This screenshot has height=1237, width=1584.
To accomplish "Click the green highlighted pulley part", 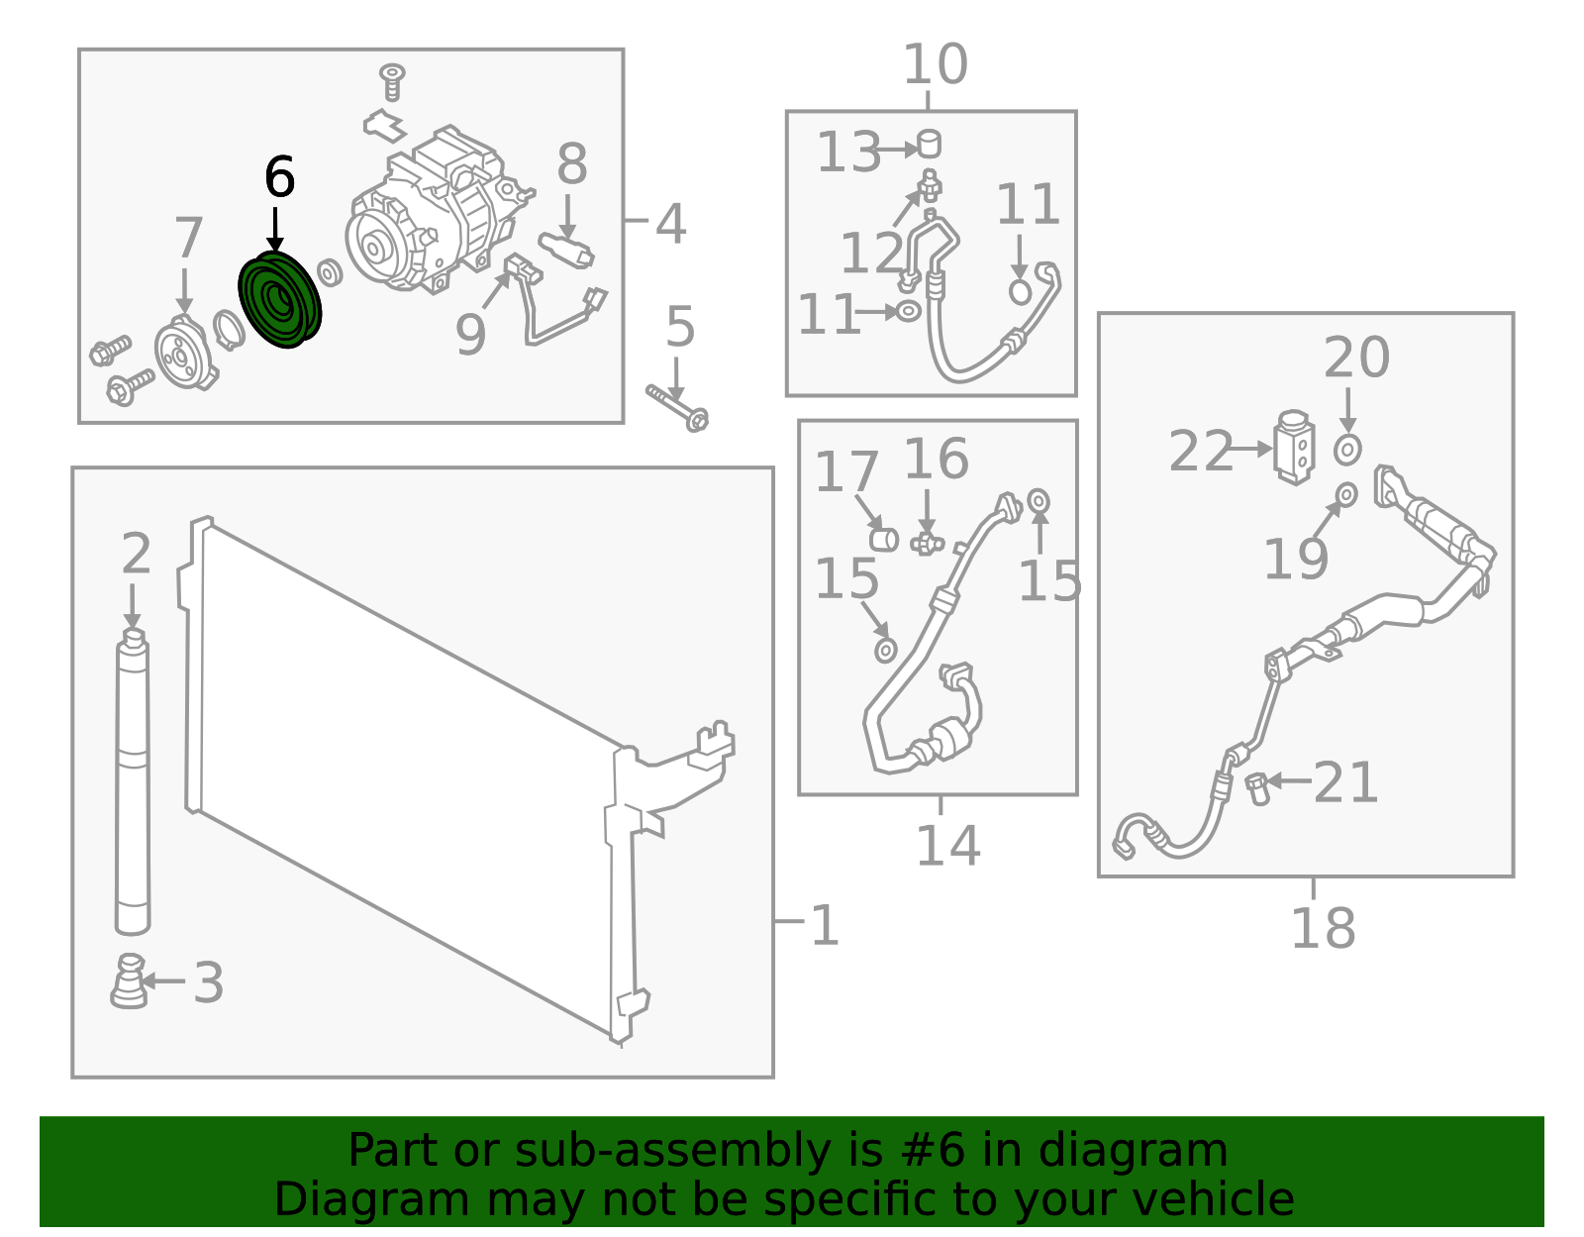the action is pos(280,299).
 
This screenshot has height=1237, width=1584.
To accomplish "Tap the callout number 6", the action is pos(280,177).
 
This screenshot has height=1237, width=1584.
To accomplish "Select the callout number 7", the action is pos(188,238).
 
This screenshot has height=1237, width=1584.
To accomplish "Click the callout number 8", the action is pos(572,164).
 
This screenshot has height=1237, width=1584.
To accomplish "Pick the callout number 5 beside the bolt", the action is pos(680,327).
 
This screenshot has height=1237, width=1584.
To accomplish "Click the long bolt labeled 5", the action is pos(677,408).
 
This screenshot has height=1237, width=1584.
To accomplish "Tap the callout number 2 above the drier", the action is pos(137,554).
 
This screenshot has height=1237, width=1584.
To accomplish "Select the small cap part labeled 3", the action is pos(129,981).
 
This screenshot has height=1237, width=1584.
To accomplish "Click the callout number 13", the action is pos(848,153).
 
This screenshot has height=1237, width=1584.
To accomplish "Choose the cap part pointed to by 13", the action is pos(929,144).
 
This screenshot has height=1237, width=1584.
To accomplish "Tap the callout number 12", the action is pos(872,253).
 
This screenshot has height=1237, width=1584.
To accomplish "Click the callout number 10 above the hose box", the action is pos(936,64).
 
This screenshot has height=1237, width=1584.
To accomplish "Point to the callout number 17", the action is pos(845,471).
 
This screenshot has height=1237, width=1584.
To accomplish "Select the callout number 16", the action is pos(936,459).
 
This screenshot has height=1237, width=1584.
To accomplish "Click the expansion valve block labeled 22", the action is pos(1294,448).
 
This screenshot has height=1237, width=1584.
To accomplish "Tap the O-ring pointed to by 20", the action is pos(1347,450).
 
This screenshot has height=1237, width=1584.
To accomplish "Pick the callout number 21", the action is pos(1345,782).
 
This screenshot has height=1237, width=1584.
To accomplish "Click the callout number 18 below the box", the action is pos(1323,928).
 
